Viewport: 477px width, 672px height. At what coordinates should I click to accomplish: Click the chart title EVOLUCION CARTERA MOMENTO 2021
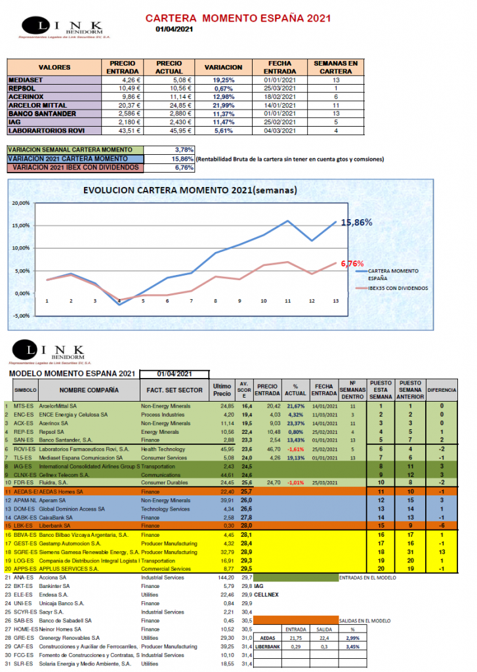pyautogui.click(x=190, y=191)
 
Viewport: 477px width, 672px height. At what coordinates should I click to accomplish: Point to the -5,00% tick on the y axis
pyautogui.click(x=21, y=316)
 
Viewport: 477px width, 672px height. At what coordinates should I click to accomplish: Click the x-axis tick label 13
pyautogui.click(x=336, y=301)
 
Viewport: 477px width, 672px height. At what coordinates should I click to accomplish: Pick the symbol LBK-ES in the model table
pyautogui.click(x=23, y=526)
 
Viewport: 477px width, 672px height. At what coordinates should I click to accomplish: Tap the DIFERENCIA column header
pyautogui.click(x=442, y=390)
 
